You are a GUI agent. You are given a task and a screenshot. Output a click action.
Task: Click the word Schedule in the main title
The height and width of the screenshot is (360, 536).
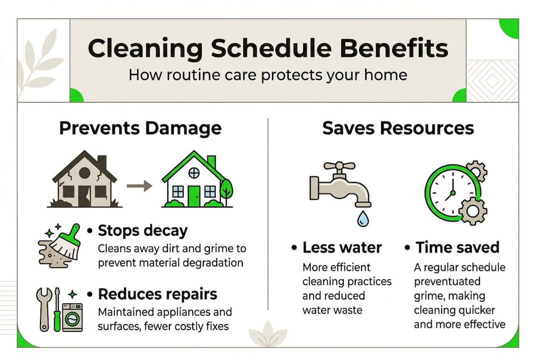tap(268, 48)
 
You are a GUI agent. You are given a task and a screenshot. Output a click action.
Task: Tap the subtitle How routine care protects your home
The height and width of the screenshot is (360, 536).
tap(268, 75)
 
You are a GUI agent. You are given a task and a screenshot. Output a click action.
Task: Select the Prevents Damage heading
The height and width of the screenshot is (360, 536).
tap(140, 128)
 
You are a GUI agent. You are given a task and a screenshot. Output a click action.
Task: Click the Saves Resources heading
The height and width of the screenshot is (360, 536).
tap(398, 128)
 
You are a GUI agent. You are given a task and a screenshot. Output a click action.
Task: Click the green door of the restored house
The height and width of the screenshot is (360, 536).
tap(193, 195)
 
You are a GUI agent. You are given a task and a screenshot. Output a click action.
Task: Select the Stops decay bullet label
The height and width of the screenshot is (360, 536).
tap(142, 231)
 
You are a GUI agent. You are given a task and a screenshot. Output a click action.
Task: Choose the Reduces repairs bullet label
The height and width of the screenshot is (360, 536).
tap(157, 293)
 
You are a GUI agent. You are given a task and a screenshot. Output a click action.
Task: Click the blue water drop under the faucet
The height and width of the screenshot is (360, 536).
tap(361, 218)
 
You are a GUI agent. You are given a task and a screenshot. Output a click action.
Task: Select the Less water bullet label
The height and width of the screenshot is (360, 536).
tap(342, 247)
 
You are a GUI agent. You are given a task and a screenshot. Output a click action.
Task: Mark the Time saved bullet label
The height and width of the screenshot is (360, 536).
tap(457, 247)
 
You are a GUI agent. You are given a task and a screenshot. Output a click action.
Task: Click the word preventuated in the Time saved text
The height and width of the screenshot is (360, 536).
tap(447, 282)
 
